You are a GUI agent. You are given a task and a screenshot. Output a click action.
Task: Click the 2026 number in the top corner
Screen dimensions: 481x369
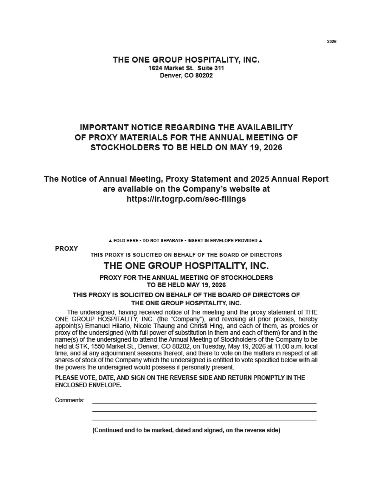(x=331, y=41)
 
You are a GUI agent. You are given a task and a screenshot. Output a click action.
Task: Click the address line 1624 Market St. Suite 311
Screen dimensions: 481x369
(x=186, y=68)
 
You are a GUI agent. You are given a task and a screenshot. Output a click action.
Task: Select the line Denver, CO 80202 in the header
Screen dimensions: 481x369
(x=186, y=75)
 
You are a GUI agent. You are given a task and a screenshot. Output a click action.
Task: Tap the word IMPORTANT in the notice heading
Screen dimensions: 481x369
(x=100, y=127)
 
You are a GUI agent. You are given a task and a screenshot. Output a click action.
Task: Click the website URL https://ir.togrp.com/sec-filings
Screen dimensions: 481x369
(x=186, y=199)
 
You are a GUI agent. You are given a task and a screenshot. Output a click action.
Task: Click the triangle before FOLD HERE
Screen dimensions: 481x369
(x=110, y=241)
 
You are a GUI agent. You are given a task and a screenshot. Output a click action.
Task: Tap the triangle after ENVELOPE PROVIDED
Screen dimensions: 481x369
(x=261, y=241)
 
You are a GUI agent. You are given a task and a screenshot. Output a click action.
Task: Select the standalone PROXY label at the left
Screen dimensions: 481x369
(x=66, y=248)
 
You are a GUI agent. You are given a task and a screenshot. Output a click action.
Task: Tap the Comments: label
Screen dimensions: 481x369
(x=69, y=400)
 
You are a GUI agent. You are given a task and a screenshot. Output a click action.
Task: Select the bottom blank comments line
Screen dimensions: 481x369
(x=204, y=420)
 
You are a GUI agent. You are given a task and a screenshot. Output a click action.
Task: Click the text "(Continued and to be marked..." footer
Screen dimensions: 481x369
(x=186, y=430)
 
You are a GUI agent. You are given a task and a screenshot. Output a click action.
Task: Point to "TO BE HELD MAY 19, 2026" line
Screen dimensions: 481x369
(x=186, y=285)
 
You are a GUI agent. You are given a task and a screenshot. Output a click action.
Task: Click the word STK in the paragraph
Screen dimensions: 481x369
(x=81, y=347)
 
